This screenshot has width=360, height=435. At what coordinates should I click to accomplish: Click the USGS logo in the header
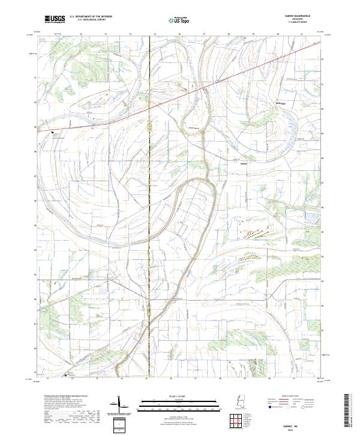55,19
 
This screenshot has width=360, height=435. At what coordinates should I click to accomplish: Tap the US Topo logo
172,20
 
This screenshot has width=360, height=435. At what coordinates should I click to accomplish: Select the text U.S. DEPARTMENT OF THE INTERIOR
91,17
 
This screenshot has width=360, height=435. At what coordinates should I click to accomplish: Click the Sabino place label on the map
244,163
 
